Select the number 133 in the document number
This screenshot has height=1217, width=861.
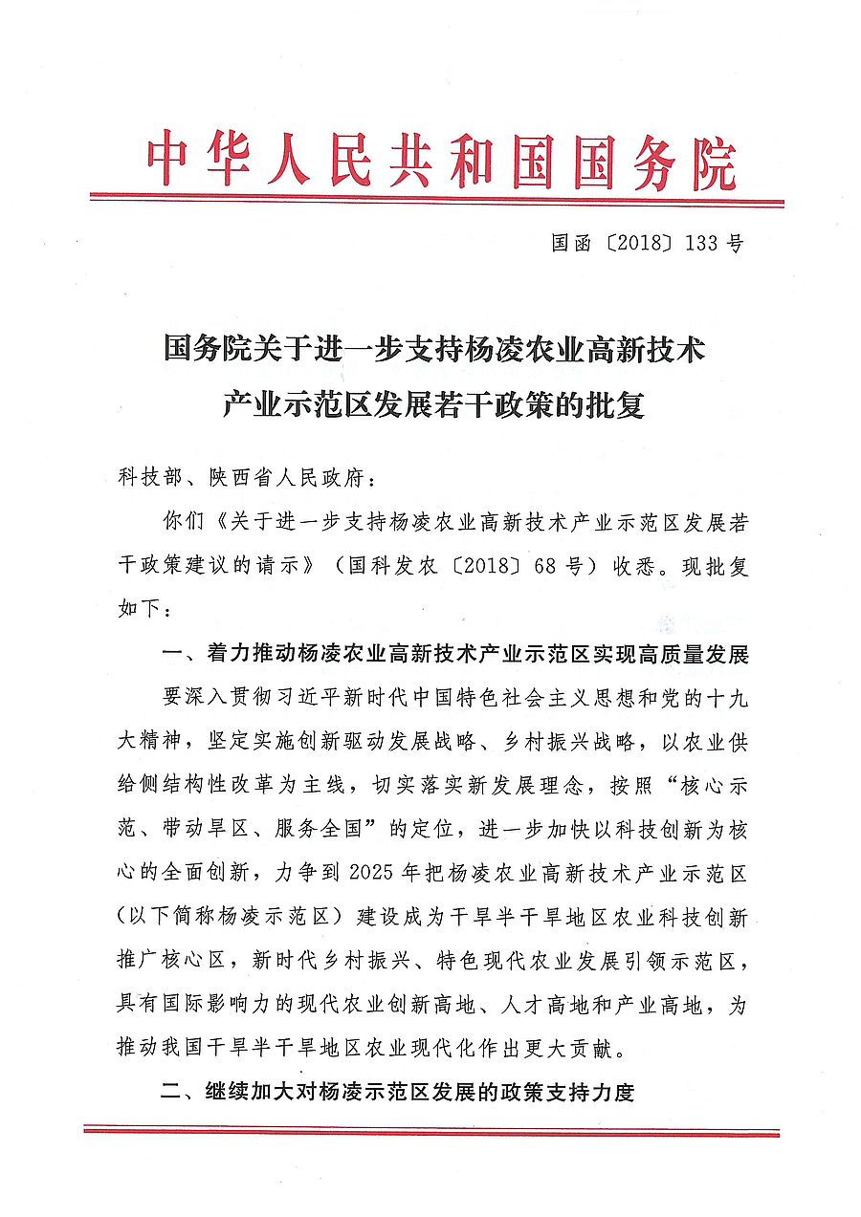[x=704, y=243]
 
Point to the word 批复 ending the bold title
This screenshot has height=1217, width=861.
[x=620, y=406]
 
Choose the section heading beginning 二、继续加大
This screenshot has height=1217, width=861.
[x=397, y=1091]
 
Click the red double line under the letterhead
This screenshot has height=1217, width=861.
[x=437, y=201]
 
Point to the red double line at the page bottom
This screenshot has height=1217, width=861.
[x=430, y=1131]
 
